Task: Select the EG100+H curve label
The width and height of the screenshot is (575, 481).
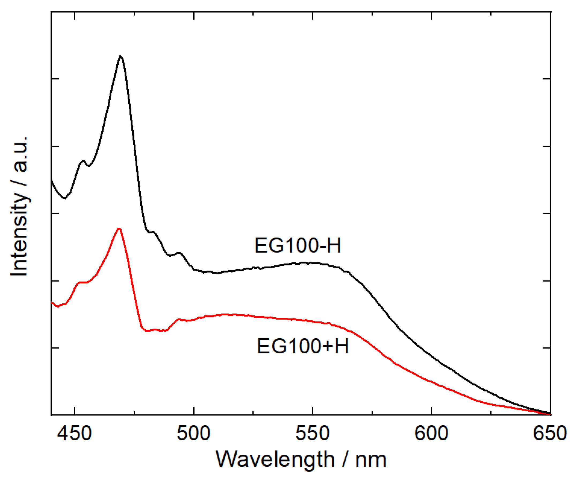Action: (303, 346)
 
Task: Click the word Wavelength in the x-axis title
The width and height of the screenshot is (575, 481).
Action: (275, 459)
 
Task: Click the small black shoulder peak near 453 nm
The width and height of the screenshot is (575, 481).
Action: (83, 161)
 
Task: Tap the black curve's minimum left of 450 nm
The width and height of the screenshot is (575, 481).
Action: (64, 198)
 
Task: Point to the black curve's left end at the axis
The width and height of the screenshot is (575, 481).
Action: (51, 180)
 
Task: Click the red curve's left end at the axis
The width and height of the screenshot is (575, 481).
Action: (52, 303)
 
